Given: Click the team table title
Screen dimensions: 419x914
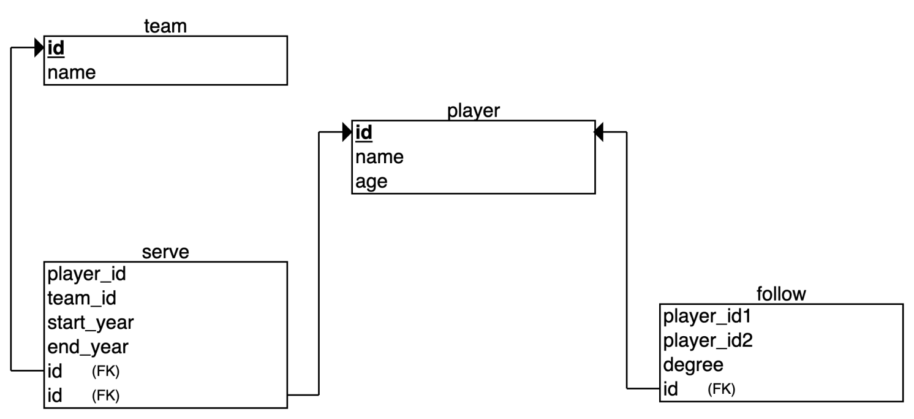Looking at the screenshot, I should (165, 26).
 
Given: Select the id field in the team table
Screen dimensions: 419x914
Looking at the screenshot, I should (56, 48).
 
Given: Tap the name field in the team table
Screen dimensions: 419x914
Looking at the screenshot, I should (72, 73).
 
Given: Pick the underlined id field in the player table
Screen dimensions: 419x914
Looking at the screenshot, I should (364, 133).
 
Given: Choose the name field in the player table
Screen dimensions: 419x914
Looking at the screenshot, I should (380, 157).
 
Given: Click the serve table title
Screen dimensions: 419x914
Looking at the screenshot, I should (165, 253).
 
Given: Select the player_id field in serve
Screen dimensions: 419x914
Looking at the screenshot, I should (87, 274).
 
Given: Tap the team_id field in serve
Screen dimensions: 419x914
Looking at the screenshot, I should (82, 298).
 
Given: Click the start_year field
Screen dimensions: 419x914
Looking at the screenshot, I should (91, 322).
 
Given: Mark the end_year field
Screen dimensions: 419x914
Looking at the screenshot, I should (88, 347).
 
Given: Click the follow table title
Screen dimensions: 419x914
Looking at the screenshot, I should (781, 294).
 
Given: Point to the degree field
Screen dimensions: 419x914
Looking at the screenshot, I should (693, 364).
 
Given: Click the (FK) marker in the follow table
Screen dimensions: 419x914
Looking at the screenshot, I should (721, 389).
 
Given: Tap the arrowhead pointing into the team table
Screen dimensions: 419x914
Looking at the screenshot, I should (39, 48).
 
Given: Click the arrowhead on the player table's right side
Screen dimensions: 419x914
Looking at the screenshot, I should (600, 132).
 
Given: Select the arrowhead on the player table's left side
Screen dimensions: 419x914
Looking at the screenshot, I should (347, 132).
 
